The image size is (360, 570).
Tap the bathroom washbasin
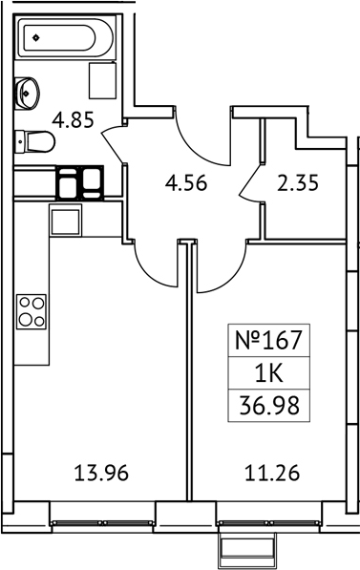(x=28, y=93)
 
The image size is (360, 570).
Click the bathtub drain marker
(x=35, y=39)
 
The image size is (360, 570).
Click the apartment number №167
(x=267, y=340)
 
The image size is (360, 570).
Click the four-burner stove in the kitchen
(x=32, y=313)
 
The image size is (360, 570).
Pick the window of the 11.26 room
(x=251, y=522)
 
